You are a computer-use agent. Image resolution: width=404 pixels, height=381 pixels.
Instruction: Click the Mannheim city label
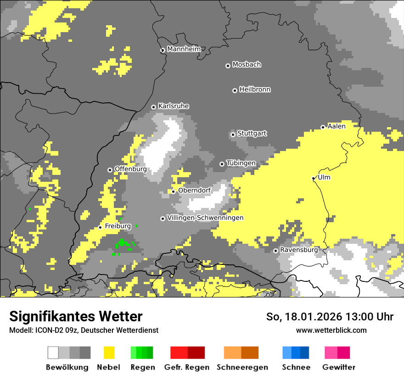point(184,49)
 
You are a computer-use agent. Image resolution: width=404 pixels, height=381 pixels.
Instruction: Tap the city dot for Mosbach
point(228,66)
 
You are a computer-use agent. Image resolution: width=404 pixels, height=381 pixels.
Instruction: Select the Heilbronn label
point(255,90)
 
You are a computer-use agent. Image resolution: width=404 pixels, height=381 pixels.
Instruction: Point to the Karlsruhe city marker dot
point(154,107)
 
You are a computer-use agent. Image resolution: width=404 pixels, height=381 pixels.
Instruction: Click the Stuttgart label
point(252,134)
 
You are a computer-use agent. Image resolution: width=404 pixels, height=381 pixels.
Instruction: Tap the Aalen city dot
point(323,127)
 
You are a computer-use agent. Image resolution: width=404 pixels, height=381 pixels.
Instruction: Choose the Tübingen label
point(241,163)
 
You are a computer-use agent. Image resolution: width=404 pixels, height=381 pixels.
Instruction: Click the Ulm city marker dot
point(313,178)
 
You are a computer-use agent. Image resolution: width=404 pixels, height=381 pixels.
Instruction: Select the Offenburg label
point(130,169)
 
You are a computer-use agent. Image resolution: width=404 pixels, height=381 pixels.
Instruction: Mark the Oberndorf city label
point(194,190)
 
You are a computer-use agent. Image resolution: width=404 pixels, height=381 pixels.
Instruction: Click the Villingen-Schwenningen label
point(205,218)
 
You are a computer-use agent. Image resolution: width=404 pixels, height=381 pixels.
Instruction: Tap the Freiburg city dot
point(101,227)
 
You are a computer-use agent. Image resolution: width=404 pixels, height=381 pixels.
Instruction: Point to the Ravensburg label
point(299,250)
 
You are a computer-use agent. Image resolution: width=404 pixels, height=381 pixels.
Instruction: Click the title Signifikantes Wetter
point(76,316)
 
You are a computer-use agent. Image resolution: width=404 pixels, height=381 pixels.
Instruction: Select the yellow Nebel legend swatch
point(109,353)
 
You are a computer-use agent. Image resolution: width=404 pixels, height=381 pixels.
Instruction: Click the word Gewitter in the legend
point(339,367)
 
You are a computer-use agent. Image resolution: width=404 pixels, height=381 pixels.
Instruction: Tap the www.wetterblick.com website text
point(331,330)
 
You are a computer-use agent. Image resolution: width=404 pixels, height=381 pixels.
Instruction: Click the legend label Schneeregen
point(242,367)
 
